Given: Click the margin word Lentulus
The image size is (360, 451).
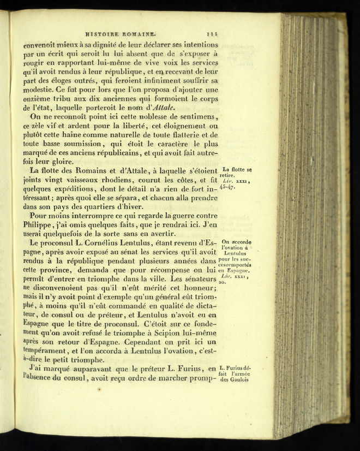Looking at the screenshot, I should tap(235, 253).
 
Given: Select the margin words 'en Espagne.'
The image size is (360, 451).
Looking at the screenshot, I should tap(234, 270).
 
